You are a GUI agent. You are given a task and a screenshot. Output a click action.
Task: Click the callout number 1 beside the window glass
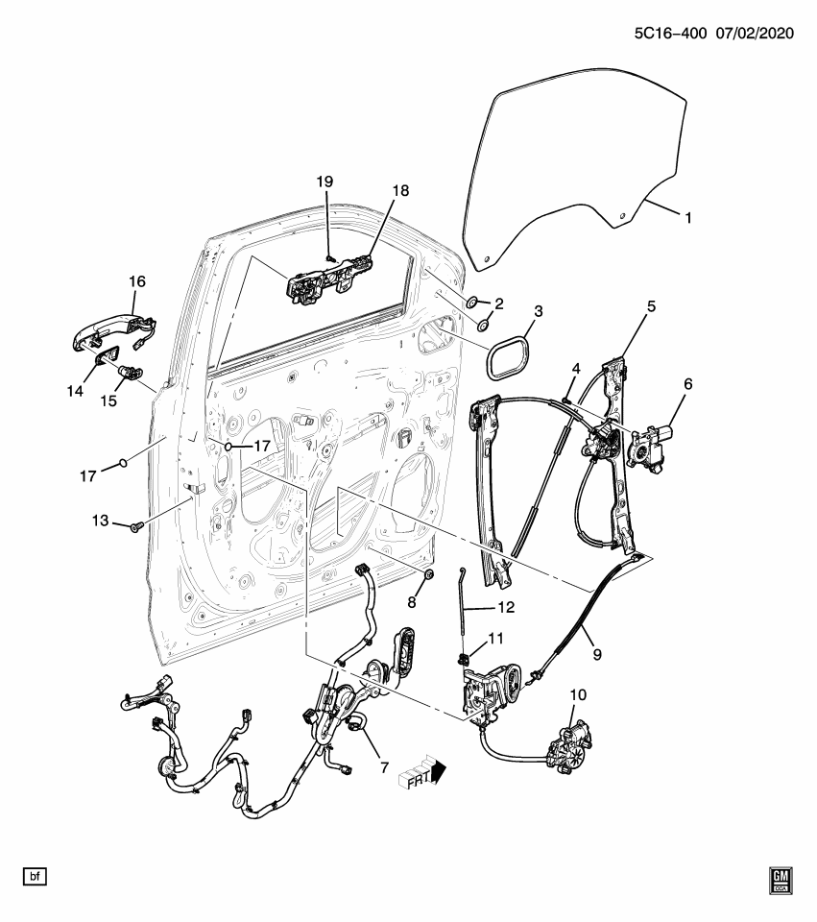(x=687, y=218)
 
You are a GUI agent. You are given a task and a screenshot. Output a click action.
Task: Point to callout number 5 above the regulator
(x=650, y=306)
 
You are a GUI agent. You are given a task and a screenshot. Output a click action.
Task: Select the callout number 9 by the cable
(x=597, y=653)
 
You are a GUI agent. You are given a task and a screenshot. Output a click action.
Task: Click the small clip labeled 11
(x=464, y=658)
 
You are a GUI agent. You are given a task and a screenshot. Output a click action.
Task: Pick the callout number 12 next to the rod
(x=506, y=607)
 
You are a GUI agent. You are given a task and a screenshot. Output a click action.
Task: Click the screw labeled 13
(x=135, y=525)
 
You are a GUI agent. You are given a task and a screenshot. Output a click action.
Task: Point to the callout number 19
(x=324, y=182)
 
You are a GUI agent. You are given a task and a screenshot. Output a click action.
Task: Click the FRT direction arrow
(x=422, y=774)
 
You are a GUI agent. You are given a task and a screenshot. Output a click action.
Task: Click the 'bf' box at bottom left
(x=35, y=876)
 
